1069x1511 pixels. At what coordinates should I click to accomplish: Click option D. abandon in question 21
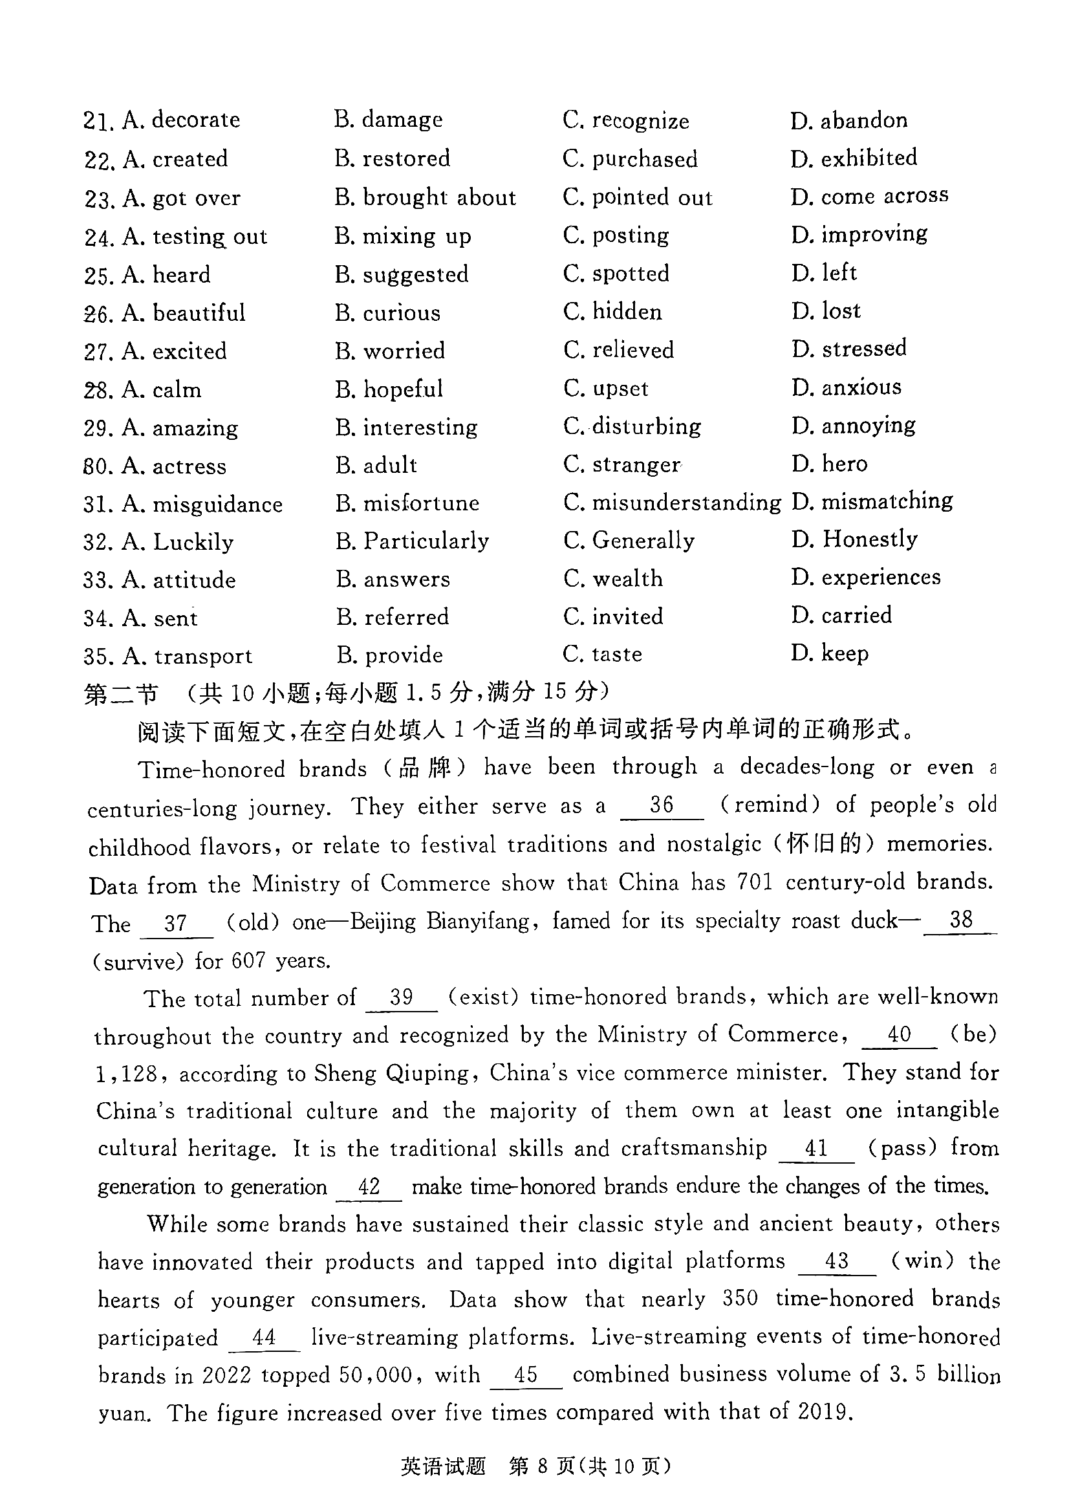pyautogui.click(x=848, y=120)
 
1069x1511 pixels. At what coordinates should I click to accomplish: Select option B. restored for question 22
pyautogui.click(x=393, y=158)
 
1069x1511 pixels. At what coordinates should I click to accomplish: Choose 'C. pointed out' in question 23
pyautogui.click(x=637, y=197)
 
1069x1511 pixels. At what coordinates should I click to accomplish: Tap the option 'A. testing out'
pyautogui.click(x=195, y=236)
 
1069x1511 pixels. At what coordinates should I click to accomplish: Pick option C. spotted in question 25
pyautogui.click(x=616, y=274)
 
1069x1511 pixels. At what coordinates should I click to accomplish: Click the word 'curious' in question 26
pyautogui.click(x=402, y=312)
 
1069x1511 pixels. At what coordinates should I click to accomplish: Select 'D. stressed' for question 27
pyautogui.click(x=849, y=348)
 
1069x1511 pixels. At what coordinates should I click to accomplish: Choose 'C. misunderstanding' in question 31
pyautogui.click(x=672, y=503)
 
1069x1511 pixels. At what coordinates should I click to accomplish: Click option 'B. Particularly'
pyautogui.click(x=412, y=541)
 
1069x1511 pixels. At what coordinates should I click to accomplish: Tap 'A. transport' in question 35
pyautogui.click(x=188, y=657)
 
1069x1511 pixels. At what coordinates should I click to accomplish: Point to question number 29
pyautogui.click(x=99, y=429)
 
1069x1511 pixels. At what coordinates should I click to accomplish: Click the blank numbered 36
pyautogui.click(x=662, y=806)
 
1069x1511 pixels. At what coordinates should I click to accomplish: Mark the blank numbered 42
pyautogui.click(x=369, y=1187)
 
